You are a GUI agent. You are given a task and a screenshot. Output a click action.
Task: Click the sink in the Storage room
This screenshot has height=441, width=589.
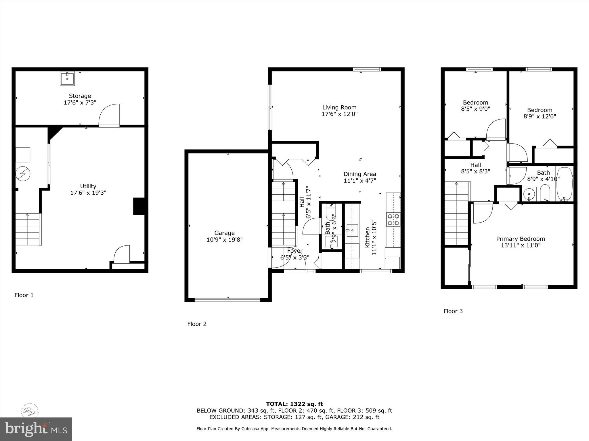(x=67, y=78)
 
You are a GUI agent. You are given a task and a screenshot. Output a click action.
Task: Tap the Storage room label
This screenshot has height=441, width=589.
(x=80, y=96)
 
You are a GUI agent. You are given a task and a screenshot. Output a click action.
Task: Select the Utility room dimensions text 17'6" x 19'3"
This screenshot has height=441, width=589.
(x=88, y=193)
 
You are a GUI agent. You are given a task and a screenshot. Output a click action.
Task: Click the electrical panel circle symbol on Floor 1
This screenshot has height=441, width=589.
(x=23, y=173)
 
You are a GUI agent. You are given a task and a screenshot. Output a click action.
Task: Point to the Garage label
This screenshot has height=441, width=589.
(x=224, y=233)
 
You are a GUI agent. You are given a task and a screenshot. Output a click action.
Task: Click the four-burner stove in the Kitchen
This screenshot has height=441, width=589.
(x=393, y=219)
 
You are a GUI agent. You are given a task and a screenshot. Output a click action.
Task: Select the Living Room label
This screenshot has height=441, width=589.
(x=339, y=107)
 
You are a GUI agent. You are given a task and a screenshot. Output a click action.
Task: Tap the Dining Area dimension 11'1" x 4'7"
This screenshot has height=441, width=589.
(x=360, y=181)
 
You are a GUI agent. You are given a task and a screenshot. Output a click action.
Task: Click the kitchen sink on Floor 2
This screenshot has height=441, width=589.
(x=352, y=230)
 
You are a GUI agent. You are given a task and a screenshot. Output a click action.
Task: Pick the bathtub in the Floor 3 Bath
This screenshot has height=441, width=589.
(x=564, y=184)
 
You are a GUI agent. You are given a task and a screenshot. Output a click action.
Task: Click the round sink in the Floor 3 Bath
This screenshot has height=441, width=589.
(x=529, y=194)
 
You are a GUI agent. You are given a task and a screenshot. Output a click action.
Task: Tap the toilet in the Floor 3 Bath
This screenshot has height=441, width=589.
(x=545, y=193)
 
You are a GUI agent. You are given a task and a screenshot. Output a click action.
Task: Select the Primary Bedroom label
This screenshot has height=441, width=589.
(x=521, y=239)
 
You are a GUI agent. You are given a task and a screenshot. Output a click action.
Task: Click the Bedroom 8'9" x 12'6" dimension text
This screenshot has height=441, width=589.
(x=540, y=116)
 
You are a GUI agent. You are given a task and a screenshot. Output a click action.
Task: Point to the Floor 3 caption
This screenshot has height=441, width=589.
(x=453, y=311)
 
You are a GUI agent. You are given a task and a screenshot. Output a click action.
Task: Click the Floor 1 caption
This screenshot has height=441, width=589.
(x=24, y=295)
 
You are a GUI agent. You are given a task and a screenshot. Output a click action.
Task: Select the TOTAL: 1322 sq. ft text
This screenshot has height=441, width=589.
(x=294, y=404)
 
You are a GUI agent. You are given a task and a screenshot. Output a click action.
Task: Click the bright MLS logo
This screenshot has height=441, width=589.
(x=36, y=429)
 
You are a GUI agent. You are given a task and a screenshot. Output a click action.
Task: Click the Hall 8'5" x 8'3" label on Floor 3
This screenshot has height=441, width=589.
(x=475, y=168)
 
